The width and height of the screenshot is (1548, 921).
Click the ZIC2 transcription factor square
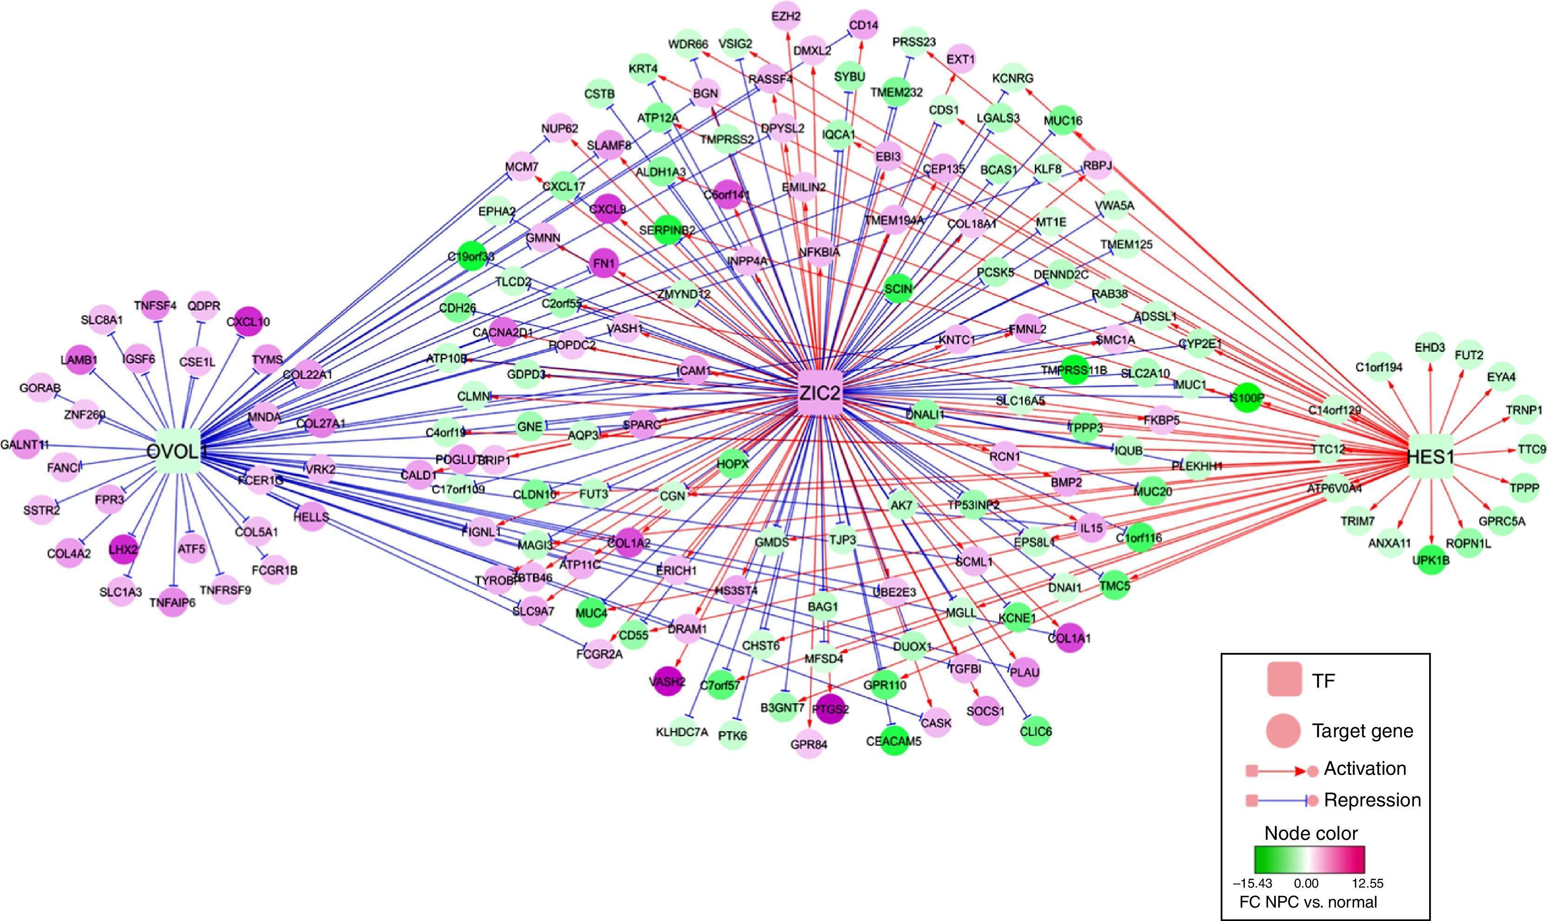pos(819,392)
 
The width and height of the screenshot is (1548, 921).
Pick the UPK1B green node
pos(1431,560)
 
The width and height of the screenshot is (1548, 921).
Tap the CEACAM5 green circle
pos(893,741)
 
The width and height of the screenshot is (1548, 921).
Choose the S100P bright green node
pos(1247,397)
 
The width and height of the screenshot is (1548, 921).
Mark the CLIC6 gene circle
pos(1035,732)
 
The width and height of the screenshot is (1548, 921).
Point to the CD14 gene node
pos(863,26)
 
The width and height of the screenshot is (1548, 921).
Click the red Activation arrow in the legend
pos(1281,771)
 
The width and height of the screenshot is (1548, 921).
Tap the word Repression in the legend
pos(1372,800)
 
